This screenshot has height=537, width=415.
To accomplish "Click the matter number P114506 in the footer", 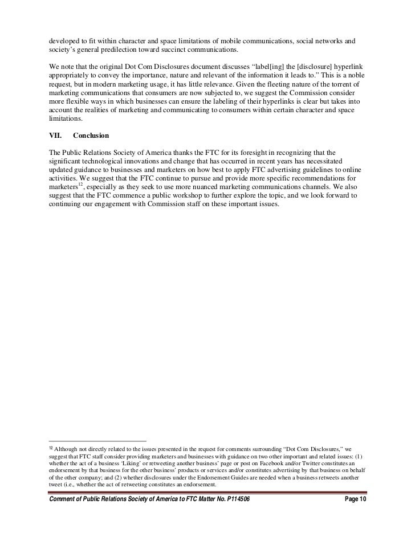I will [234, 499].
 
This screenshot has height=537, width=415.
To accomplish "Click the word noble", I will [355, 75].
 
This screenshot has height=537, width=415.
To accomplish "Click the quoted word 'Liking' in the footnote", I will [128, 464].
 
